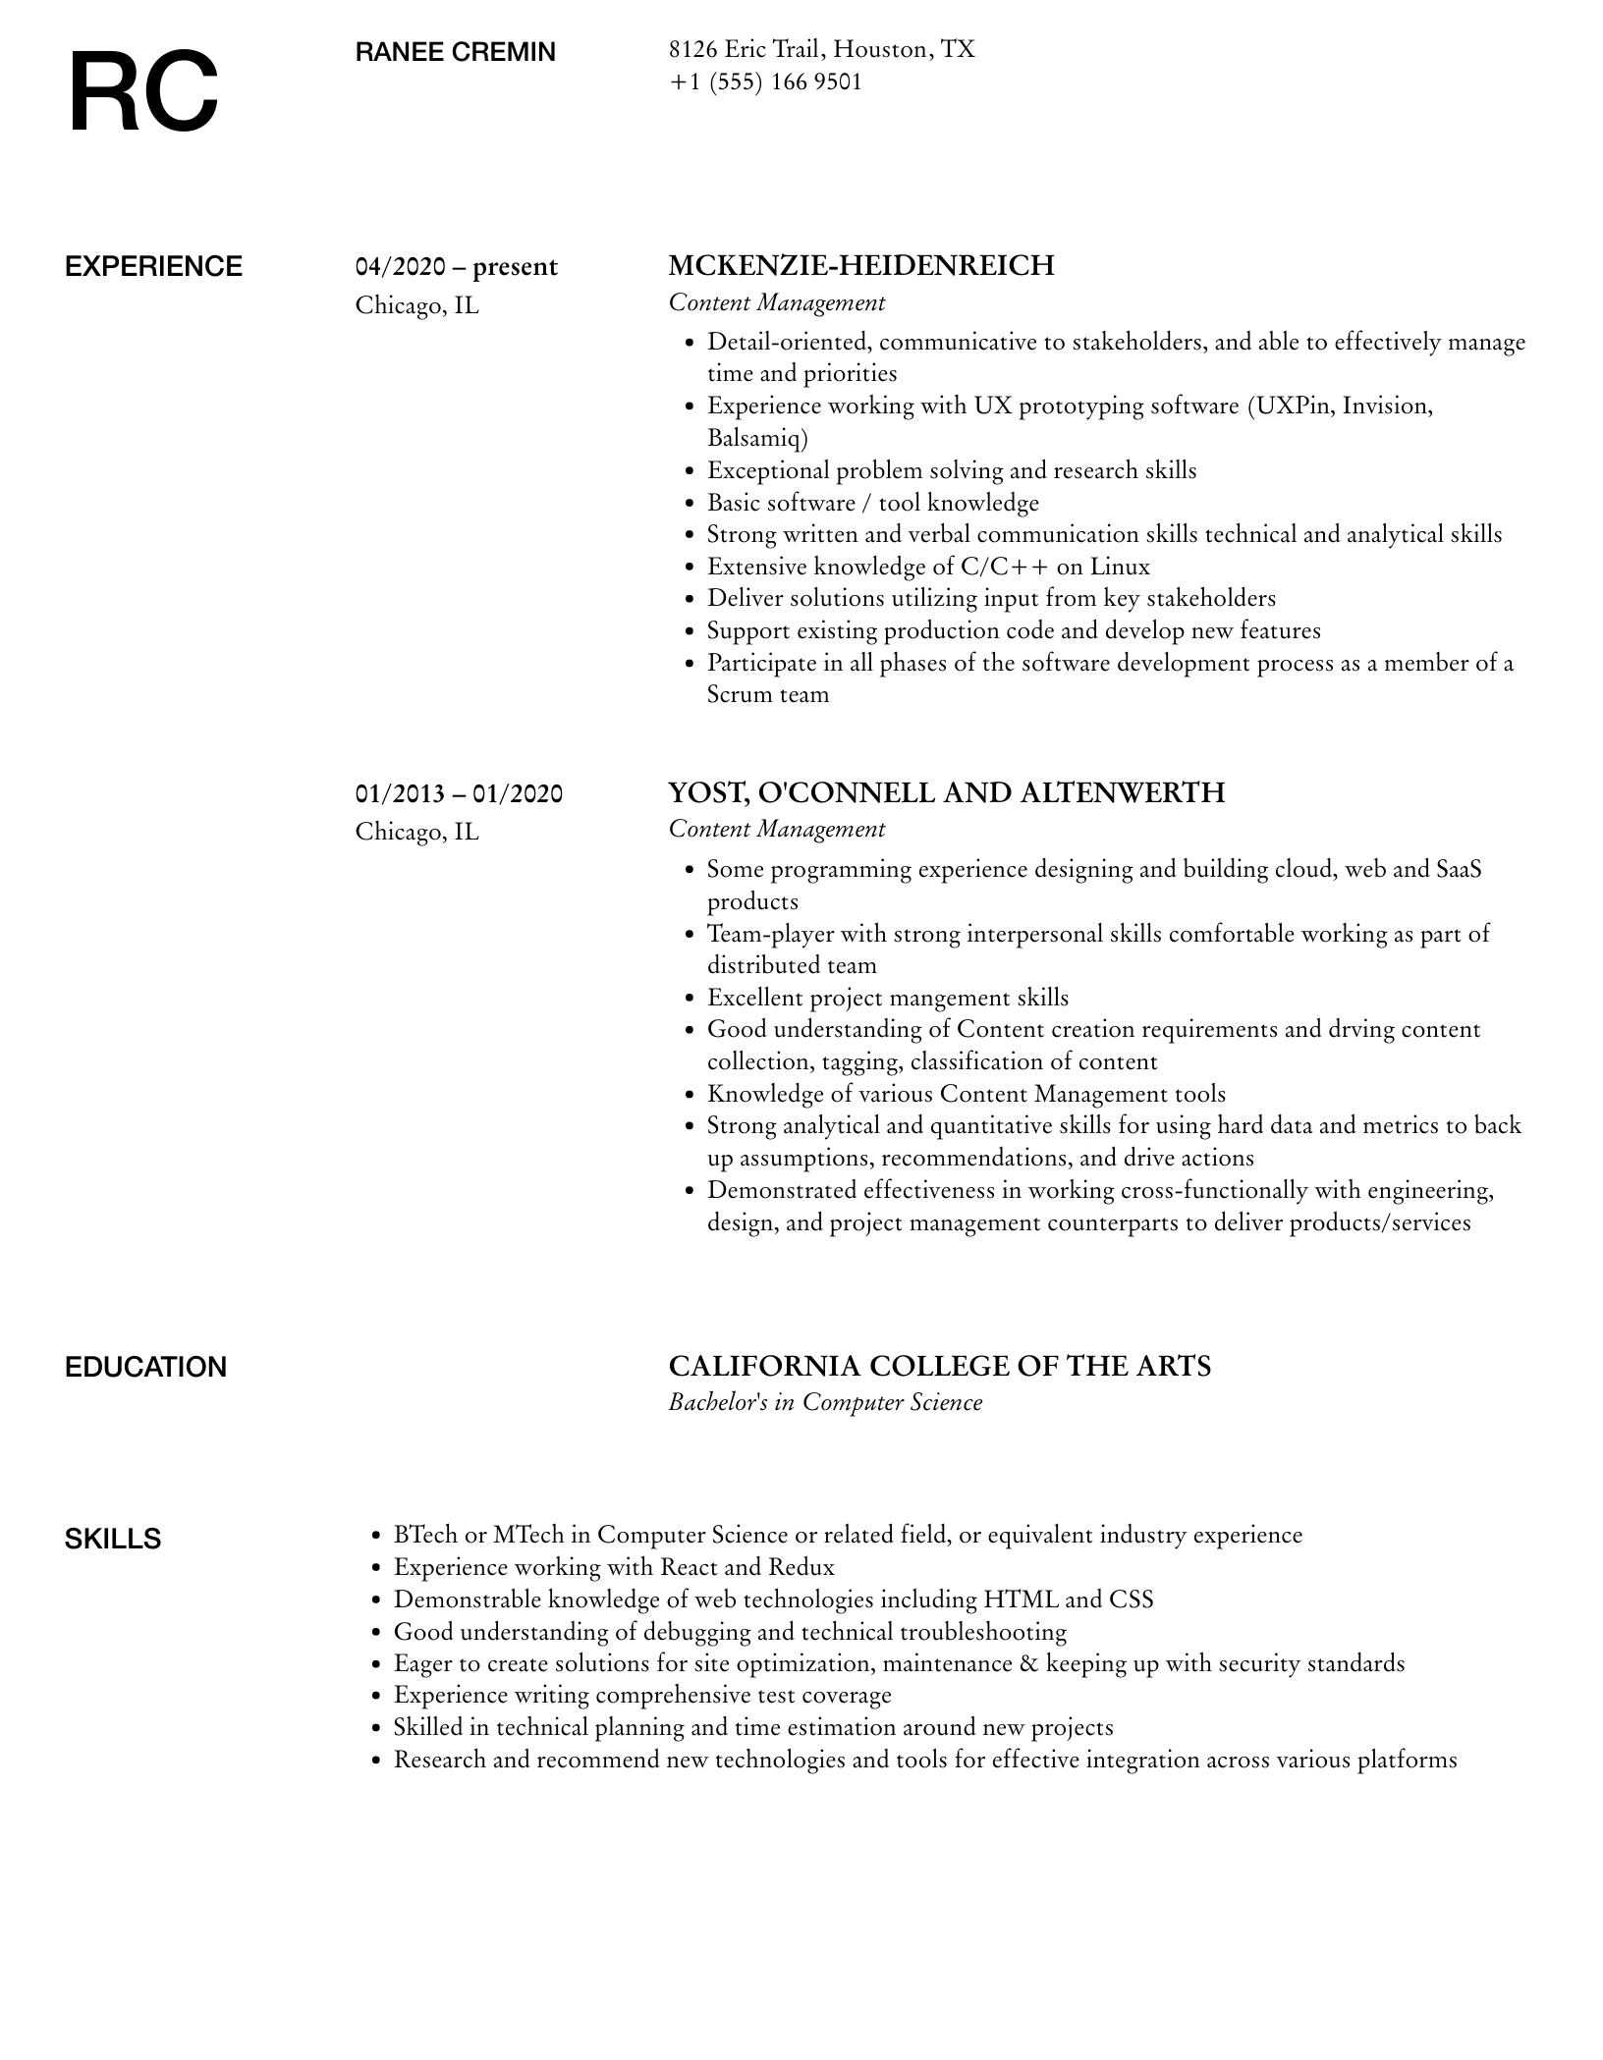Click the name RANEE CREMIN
pyautogui.click(x=455, y=52)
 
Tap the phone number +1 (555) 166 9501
pyautogui.click(x=765, y=82)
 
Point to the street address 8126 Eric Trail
pyautogui.click(x=746, y=49)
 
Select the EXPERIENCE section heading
pyautogui.click(x=153, y=267)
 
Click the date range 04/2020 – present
pyautogui.click(x=456, y=267)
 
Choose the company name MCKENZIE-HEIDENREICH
pyautogui.click(x=860, y=266)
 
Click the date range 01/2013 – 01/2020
pyautogui.click(x=459, y=793)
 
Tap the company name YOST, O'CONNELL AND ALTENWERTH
pyautogui.click(x=946, y=792)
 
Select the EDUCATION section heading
pyautogui.click(x=145, y=1367)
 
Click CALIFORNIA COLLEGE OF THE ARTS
pyautogui.click(x=939, y=1366)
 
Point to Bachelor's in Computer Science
pyautogui.click(x=825, y=1402)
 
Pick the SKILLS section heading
pyautogui.click(x=113, y=1539)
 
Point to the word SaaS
pyautogui.click(x=1459, y=870)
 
